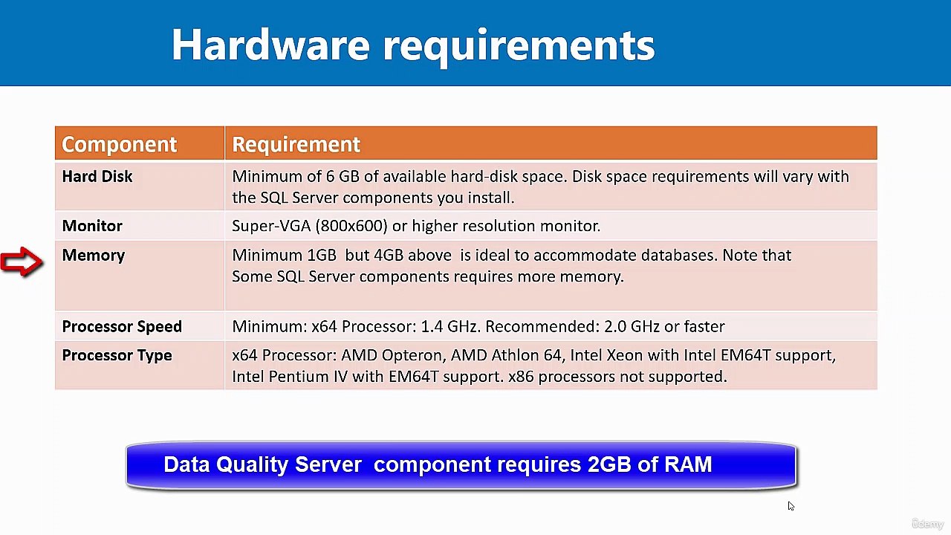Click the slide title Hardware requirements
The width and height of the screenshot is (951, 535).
click(x=412, y=45)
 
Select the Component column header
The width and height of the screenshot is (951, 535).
click(x=119, y=144)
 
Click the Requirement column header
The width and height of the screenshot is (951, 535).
click(x=296, y=144)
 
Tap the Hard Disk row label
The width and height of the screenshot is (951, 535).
click(x=97, y=177)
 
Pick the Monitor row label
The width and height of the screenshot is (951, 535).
click(x=92, y=226)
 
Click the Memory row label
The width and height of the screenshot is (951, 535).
click(x=94, y=256)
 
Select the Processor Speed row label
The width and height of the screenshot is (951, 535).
click(x=122, y=327)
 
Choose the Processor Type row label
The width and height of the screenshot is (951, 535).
click(x=117, y=356)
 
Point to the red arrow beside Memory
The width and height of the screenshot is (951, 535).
click(x=22, y=262)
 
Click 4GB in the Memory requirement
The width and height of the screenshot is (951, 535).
click(x=389, y=256)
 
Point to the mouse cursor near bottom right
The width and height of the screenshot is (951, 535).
click(x=791, y=506)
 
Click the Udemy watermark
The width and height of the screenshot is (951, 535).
click(x=927, y=524)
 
